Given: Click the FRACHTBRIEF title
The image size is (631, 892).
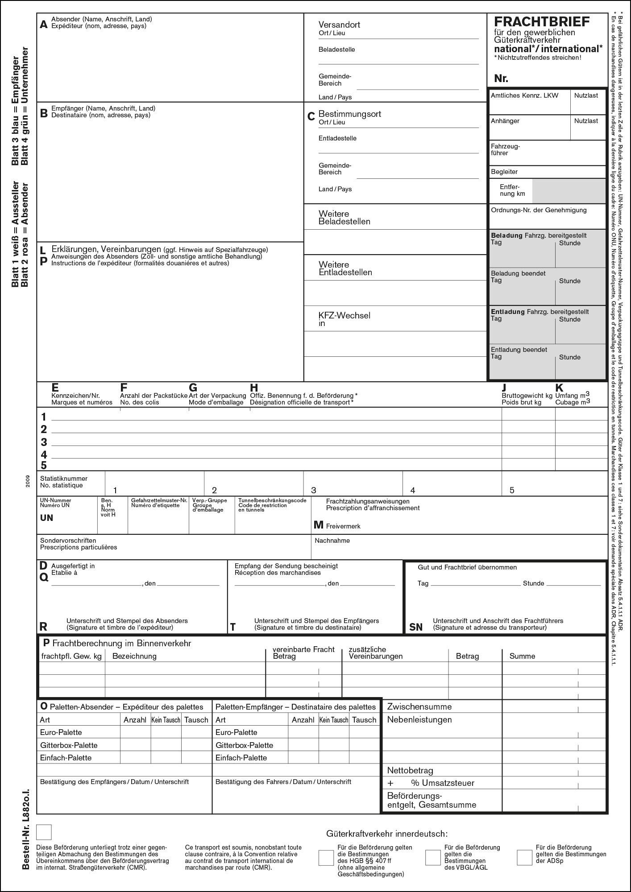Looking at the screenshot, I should [541, 22].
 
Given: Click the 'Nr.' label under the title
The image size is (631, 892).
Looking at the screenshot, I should [501, 79].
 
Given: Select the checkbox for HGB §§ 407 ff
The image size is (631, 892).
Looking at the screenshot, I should [326, 858].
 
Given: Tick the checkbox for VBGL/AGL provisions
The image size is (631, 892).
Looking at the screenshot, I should [432, 857].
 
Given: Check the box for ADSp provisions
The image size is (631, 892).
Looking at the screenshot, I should [524, 857].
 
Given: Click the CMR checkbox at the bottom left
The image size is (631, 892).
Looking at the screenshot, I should [44, 832].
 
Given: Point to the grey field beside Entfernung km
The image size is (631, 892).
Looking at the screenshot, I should [569, 191].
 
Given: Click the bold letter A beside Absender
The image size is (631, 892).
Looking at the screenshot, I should [43, 25].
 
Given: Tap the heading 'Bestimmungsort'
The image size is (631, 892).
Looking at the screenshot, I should [349, 114].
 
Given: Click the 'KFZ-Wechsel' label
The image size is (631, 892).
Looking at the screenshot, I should [344, 315].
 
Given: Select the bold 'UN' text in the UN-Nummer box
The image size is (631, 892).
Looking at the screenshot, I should [46, 518].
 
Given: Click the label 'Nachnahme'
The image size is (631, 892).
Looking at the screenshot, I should [332, 541].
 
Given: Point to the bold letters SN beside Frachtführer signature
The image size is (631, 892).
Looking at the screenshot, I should [415, 628].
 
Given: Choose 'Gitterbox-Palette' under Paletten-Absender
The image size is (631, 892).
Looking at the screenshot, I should [69, 745].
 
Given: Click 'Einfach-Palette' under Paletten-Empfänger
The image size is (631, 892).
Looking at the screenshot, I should [241, 757].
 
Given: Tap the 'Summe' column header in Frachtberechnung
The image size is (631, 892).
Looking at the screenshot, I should [522, 656].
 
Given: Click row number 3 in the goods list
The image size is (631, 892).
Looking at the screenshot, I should [44, 442].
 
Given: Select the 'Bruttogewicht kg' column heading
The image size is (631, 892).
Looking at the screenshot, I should [527, 396].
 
